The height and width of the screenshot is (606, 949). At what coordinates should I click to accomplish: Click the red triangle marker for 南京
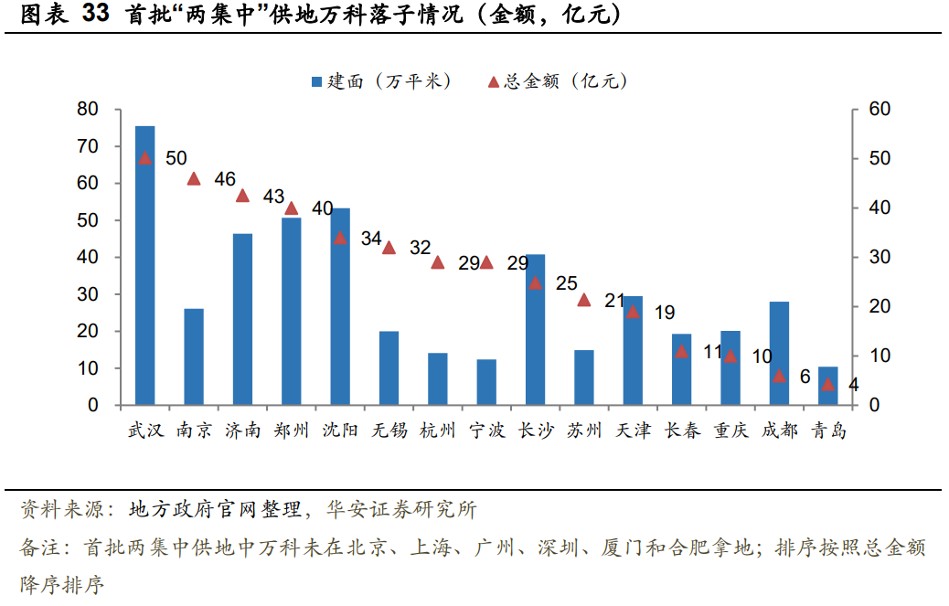[x=194, y=179]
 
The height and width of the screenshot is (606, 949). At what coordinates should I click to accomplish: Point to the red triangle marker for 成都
[x=779, y=376]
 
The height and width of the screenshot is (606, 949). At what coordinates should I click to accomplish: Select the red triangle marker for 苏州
[x=584, y=300]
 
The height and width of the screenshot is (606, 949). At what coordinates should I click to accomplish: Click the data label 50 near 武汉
[x=176, y=157]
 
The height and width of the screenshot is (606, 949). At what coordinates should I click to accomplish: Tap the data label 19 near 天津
[x=665, y=312]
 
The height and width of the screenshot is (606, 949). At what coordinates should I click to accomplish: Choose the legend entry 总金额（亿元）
[x=558, y=81]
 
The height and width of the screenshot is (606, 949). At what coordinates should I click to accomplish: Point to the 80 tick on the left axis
[x=87, y=110]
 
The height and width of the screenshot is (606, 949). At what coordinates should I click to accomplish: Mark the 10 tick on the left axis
[x=87, y=368]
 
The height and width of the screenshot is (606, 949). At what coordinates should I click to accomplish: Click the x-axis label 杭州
[x=437, y=431]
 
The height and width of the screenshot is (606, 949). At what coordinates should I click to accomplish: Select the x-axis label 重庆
[x=730, y=431]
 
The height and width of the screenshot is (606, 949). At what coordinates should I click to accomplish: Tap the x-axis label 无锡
[x=389, y=431]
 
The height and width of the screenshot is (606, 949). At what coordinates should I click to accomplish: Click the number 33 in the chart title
[x=97, y=15]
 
